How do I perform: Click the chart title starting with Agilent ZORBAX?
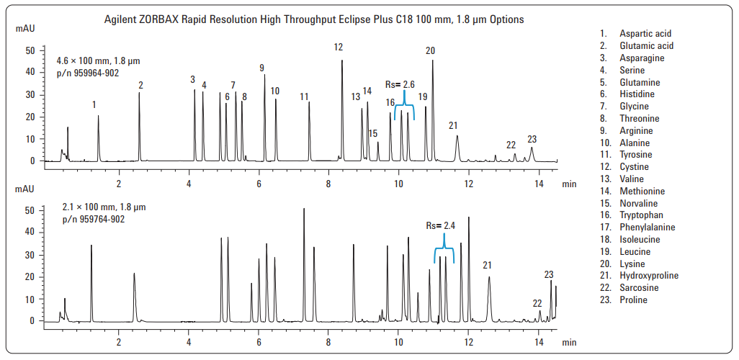(314, 19)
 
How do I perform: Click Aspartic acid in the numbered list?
(645, 34)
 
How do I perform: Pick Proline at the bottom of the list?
(633, 300)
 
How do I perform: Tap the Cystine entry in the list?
(634, 167)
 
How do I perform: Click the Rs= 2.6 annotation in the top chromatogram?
(400, 85)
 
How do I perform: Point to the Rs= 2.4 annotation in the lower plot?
(440, 225)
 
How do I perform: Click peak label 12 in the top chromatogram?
(339, 48)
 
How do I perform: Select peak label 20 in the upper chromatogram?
(431, 51)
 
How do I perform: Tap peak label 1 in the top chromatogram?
(94, 105)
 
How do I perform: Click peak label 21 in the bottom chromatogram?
(488, 266)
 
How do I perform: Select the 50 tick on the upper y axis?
(30, 50)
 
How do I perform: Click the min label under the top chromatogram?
(570, 184)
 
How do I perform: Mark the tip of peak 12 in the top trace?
(342, 60)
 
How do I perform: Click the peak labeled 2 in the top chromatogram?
(140, 93)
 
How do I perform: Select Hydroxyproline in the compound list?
(649, 276)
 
